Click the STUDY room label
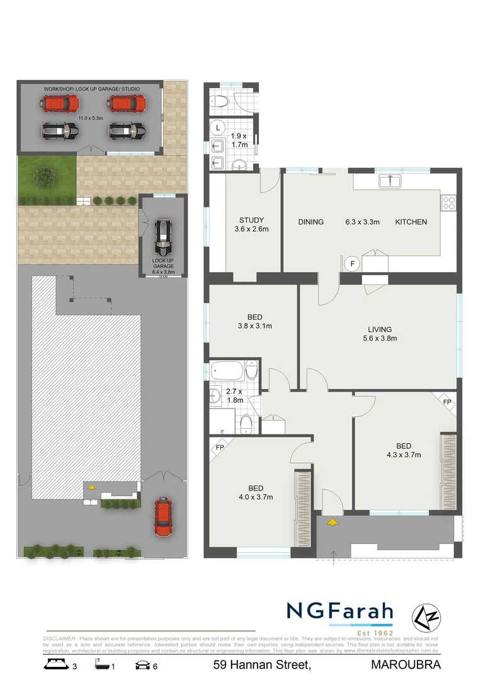pos(251,220)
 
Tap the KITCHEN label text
pos(410,222)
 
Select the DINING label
pos(311,222)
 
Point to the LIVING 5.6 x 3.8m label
pos(380,334)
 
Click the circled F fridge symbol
pos(352,263)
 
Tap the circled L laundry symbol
pos(218,127)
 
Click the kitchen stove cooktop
pos(450,203)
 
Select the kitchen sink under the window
pos(391,182)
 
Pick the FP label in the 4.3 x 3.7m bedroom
pos(447,402)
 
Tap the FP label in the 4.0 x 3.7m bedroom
pos(220,448)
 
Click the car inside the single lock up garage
pos(162,233)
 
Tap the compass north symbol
pos(421,617)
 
